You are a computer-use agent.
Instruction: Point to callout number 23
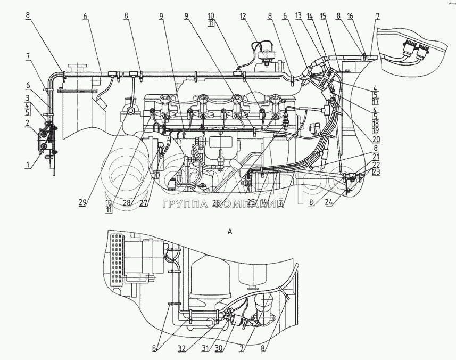[376, 173]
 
